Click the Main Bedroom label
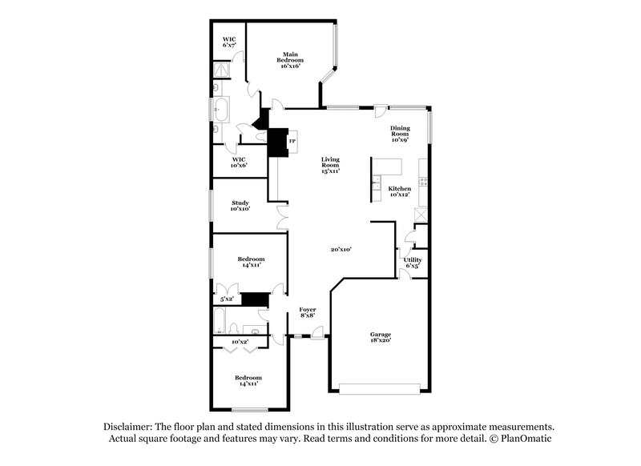(x=289, y=60)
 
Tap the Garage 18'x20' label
(x=380, y=337)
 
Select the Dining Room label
(x=400, y=134)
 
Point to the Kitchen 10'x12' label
(x=399, y=192)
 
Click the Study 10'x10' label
(x=240, y=206)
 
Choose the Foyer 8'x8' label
(x=308, y=312)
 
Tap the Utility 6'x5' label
(x=413, y=263)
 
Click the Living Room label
(x=331, y=165)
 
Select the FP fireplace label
(x=292, y=143)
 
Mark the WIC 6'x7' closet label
(x=229, y=42)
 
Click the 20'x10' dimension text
(x=341, y=250)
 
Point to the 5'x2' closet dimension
(x=228, y=299)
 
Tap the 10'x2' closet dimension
(x=239, y=343)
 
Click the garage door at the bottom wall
(x=380, y=389)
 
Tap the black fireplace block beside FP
(x=277, y=143)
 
